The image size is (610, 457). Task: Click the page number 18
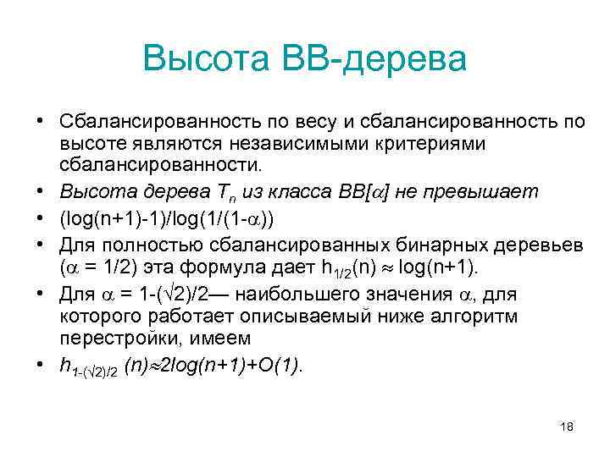[567, 427]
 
